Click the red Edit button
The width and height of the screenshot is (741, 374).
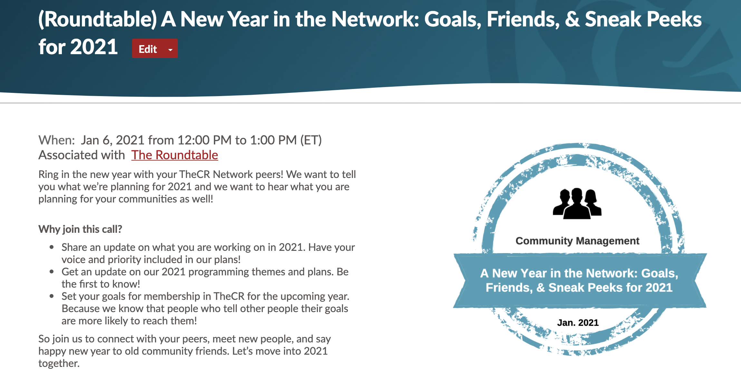[x=155, y=49]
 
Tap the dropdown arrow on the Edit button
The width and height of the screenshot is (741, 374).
[x=170, y=50]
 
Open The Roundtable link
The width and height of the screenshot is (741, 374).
[x=175, y=155]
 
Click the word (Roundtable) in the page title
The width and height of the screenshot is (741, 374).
[x=98, y=19]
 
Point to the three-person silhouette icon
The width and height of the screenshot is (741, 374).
[x=577, y=203]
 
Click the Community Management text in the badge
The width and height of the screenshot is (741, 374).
[x=577, y=241]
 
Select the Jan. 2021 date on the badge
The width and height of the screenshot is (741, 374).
[x=578, y=322]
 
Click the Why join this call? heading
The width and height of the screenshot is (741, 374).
[x=80, y=229]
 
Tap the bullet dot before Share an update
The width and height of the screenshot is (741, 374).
[x=52, y=247]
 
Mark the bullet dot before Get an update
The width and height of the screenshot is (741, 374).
[x=52, y=272]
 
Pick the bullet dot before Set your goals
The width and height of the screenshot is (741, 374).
[x=52, y=296]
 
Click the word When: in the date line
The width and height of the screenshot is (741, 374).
[x=57, y=140]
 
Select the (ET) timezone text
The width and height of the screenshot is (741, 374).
[x=311, y=140]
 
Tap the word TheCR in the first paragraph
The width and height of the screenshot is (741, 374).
[x=195, y=174]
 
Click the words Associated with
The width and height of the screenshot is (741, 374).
[x=82, y=155]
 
